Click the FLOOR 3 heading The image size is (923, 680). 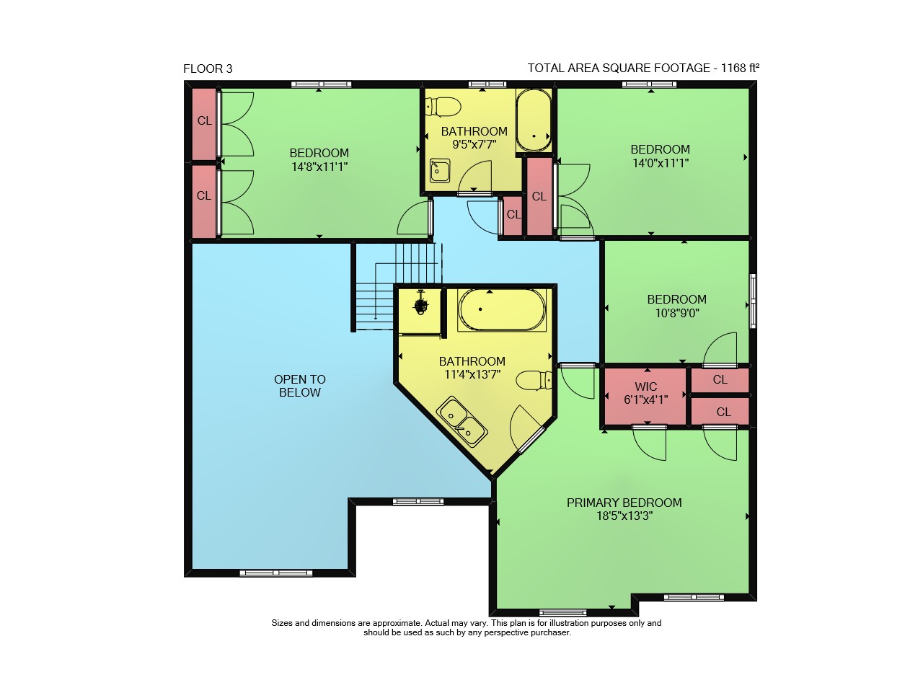(x=208, y=69)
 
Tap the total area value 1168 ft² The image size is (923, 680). (x=740, y=68)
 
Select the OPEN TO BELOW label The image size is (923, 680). (x=299, y=386)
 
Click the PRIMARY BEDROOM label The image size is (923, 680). (x=624, y=503)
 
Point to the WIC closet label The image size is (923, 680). (x=645, y=387)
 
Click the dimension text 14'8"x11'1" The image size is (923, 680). (x=319, y=167)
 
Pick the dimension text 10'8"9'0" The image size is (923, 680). (x=677, y=313)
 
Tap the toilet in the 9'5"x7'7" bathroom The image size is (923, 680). (x=443, y=106)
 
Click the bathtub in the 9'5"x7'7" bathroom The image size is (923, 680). (x=534, y=120)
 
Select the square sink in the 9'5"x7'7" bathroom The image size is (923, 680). (x=440, y=171)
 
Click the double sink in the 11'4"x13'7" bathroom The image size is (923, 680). (x=461, y=422)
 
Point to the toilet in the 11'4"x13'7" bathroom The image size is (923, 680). (x=534, y=380)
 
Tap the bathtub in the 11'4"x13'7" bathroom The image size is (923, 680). (x=502, y=309)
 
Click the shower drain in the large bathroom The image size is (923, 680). (x=420, y=305)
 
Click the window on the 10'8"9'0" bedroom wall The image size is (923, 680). (x=753, y=301)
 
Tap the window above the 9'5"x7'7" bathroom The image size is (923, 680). (x=487, y=84)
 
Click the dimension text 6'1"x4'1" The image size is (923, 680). (x=645, y=399)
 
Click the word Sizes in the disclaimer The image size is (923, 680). (x=282, y=623)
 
